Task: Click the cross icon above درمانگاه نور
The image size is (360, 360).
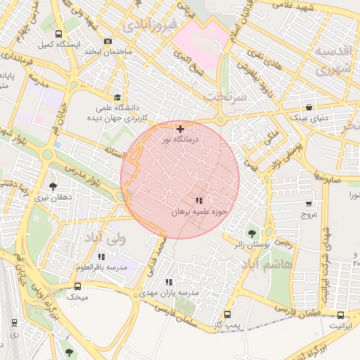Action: pos(181,129)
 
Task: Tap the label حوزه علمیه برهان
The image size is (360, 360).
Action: pos(201,211)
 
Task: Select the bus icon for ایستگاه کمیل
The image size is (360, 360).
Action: pos(58,34)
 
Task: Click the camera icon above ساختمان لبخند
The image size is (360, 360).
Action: pos(107,41)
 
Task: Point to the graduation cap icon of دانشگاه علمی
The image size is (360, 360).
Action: pos(117,98)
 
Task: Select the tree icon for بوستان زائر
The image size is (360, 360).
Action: pos(251,233)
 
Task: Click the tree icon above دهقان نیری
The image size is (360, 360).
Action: pos(53,186)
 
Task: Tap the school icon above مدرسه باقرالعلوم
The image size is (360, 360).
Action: pos(103,257)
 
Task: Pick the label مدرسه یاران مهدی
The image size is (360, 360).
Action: pos(169,292)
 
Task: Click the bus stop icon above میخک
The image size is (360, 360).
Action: pos(77,286)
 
